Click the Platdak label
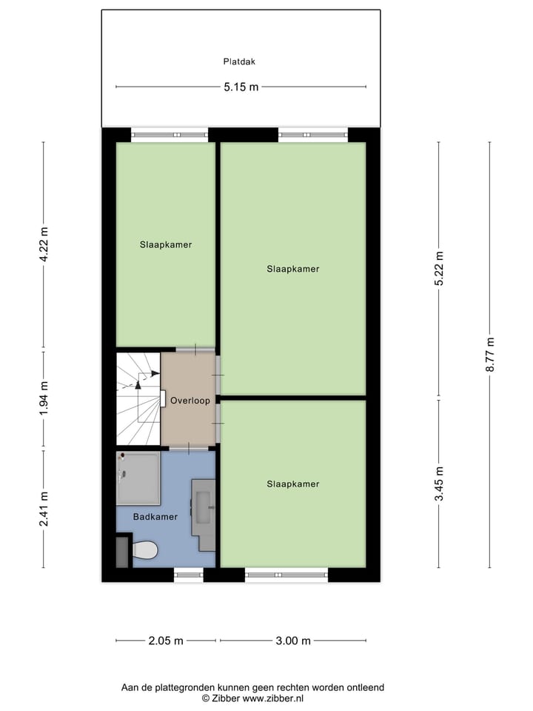coord(241,62)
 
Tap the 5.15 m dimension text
coord(241,87)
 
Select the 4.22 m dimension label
coord(44,245)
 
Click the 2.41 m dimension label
coord(44,509)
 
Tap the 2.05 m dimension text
coord(166,641)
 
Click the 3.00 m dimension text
coord(293,641)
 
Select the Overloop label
coord(190,401)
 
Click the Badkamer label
coord(155,517)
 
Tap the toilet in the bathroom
coord(144,550)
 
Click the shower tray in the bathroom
coord(138,478)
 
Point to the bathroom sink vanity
coord(204,513)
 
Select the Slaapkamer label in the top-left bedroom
coord(166,244)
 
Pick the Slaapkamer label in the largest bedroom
coord(293,270)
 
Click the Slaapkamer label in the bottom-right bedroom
coord(293,484)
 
